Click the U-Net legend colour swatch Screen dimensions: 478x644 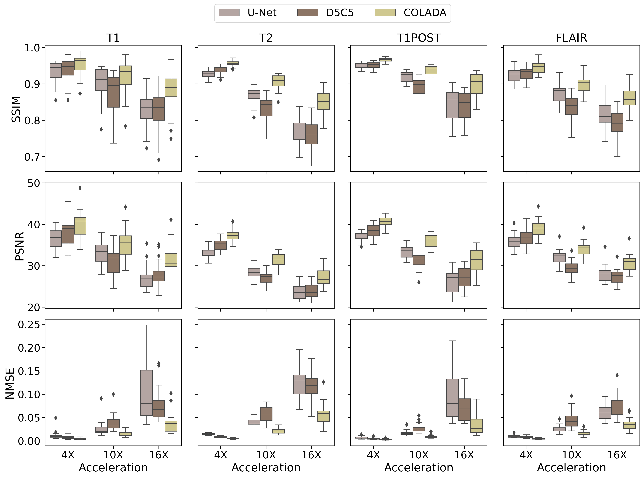coord(229,13)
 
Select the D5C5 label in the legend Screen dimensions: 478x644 coord(340,13)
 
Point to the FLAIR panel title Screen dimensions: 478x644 coord(571,38)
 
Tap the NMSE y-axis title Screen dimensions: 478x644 coord(10,383)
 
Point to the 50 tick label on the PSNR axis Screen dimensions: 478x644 coord(34,183)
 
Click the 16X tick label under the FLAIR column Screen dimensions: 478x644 coord(617,455)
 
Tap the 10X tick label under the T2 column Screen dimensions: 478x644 coord(266,455)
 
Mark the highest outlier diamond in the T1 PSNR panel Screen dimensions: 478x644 coord(80,188)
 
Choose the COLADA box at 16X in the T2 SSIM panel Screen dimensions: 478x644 coord(323,101)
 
